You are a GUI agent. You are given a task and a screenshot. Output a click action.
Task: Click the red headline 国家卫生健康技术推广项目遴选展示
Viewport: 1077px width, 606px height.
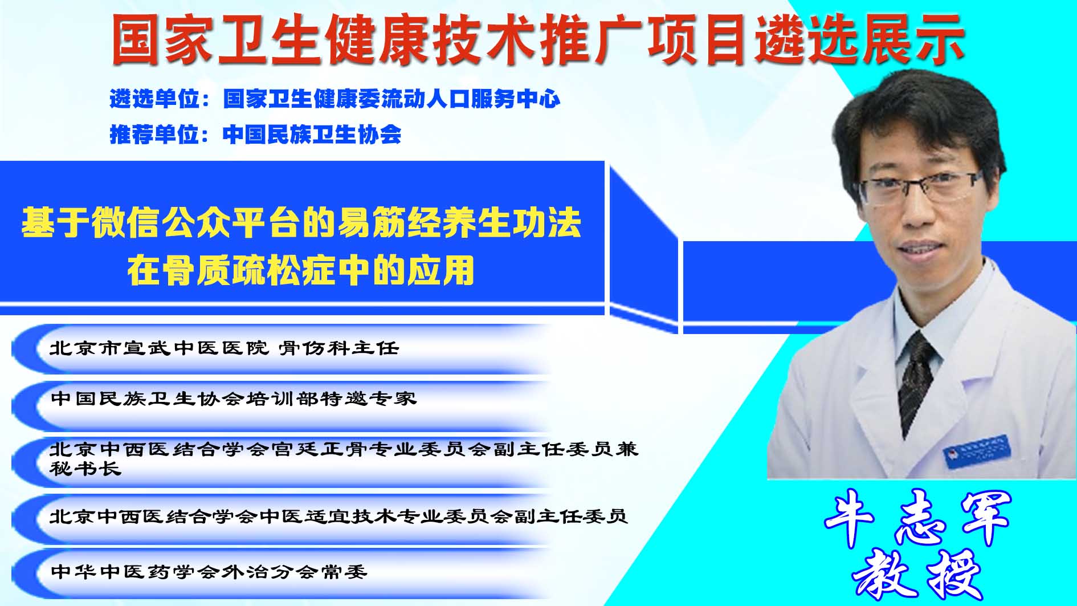[x=538, y=39]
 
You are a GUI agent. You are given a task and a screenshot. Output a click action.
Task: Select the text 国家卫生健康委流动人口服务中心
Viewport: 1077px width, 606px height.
[x=391, y=99]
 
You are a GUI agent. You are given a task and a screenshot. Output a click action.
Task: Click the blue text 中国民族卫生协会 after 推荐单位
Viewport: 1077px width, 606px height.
[x=312, y=135]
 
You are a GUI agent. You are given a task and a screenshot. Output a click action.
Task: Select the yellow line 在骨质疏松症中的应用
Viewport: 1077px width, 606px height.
[x=301, y=270]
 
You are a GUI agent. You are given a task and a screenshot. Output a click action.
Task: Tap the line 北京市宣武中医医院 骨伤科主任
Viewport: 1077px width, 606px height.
[x=224, y=348]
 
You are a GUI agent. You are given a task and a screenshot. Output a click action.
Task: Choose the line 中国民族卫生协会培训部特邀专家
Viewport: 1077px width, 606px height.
[x=233, y=398]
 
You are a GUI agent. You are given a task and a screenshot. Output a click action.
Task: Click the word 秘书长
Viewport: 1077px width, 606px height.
[x=85, y=469]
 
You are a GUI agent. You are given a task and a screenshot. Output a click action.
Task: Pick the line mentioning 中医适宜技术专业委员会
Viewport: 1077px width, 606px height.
[x=338, y=516]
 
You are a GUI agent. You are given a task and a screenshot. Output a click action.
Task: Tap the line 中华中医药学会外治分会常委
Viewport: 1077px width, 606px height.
[x=209, y=571]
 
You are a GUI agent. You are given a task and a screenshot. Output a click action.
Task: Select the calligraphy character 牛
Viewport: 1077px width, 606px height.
[x=849, y=516]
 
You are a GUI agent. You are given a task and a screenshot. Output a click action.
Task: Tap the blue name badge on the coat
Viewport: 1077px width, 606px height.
[x=977, y=450]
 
